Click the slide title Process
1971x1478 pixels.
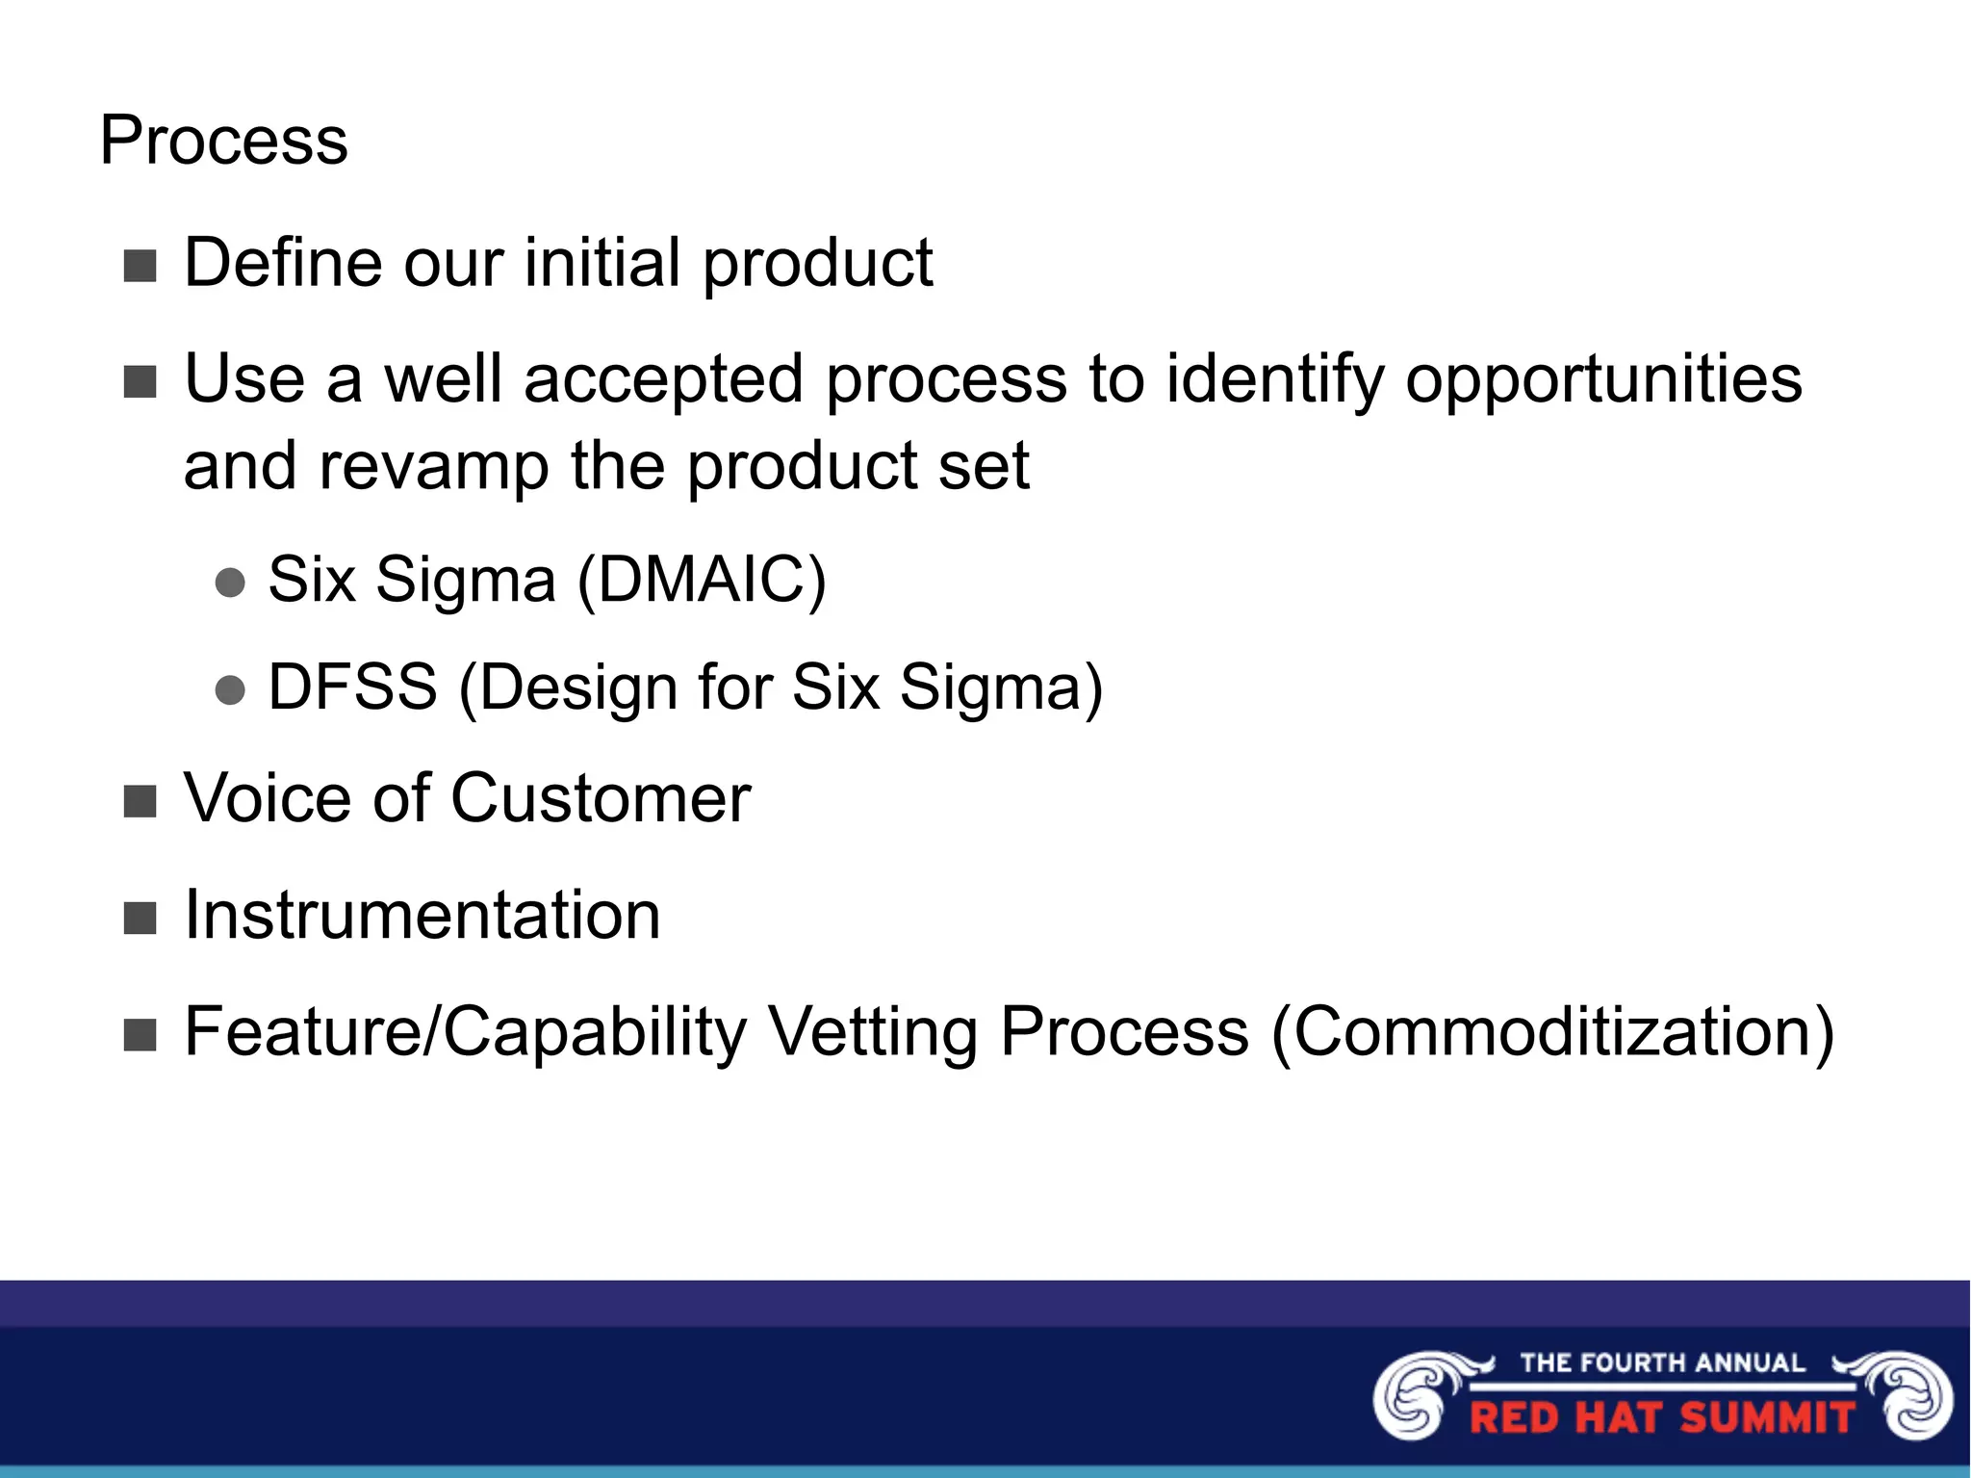(223, 141)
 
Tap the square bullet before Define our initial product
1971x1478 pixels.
(141, 266)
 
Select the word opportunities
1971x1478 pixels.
(1602, 378)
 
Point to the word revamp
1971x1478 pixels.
(434, 466)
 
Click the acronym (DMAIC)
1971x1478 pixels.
(701, 580)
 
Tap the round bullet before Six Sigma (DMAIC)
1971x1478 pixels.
(230, 583)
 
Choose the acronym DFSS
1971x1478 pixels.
(352, 687)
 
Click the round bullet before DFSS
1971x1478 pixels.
(230, 690)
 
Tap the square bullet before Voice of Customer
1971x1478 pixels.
(141, 801)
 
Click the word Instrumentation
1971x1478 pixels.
(422, 915)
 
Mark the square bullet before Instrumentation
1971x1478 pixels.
(141, 919)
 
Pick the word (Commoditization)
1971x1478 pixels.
(1552, 1032)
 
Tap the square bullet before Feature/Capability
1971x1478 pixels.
(141, 1036)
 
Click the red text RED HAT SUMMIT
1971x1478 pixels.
(1662, 1418)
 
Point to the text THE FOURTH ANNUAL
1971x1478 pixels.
(1662, 1362)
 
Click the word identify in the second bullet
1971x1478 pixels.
(1274, 378)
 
